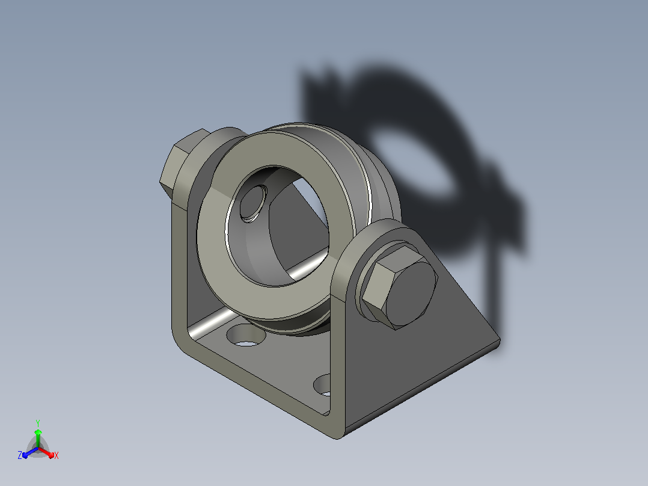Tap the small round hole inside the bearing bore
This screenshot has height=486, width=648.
coord(253,203)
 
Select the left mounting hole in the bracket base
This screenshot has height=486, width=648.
coord(246,334)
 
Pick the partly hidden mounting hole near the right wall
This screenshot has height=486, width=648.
coord(323,385)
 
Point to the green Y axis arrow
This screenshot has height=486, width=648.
coord(38,438)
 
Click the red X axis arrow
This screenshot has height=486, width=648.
coord(46,452)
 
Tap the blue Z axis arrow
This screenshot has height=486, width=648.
coord(30,452)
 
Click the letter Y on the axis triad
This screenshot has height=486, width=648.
coord(38,423)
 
